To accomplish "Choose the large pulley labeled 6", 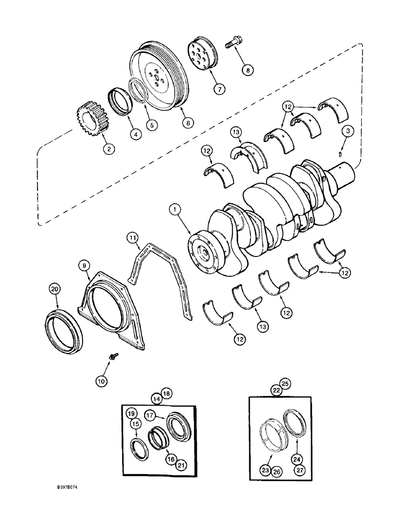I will pyautogui.click(x=159, y=77).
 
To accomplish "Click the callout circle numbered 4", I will pyautogui.click(x=135, y=135).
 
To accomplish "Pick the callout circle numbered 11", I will pyautogui.click(x=133, y=237).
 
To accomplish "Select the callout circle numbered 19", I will pyautogui.click(x=131, y=413).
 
